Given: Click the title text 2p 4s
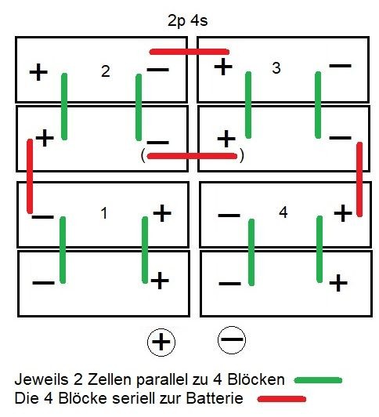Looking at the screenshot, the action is coord(187,20).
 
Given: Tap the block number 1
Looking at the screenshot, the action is coord(104,213).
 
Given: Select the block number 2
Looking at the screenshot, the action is coord(106,71).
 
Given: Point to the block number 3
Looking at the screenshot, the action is coord(276,68).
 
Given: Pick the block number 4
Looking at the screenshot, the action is coord(283,212).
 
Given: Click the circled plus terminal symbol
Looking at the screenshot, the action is coord(161,342).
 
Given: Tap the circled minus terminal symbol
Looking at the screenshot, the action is coord(232,340).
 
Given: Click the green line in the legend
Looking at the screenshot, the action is coord(318,380).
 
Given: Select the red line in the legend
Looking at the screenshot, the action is coord(282,399).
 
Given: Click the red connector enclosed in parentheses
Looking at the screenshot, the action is coord(192,156).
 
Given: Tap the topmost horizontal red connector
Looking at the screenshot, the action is coord(189,52).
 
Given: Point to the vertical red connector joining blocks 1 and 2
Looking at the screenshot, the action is coord(30,176).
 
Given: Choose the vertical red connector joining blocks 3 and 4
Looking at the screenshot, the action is coord(359,179).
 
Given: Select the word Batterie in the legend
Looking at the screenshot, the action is coord(215,398).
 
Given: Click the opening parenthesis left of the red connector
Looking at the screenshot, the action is coord(143,156).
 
